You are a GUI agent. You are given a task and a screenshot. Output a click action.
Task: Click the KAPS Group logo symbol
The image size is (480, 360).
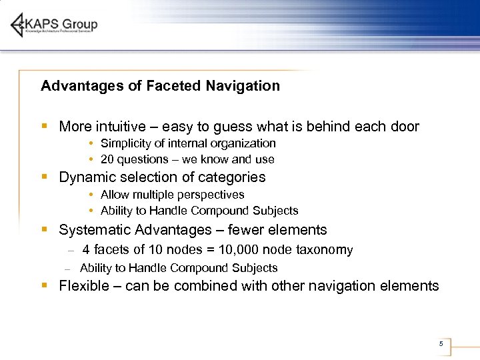pos(19,25)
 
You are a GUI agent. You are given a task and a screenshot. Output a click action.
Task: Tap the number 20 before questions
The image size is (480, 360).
pos(107,159)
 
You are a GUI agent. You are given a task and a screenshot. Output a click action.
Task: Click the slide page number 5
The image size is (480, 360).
pos(441,344)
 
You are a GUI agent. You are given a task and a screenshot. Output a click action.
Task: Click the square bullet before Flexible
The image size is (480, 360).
pos(43,285)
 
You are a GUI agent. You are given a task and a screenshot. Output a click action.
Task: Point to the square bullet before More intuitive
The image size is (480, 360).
pos(43,126)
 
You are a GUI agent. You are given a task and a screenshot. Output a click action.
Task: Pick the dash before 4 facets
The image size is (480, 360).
pos(71,251)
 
